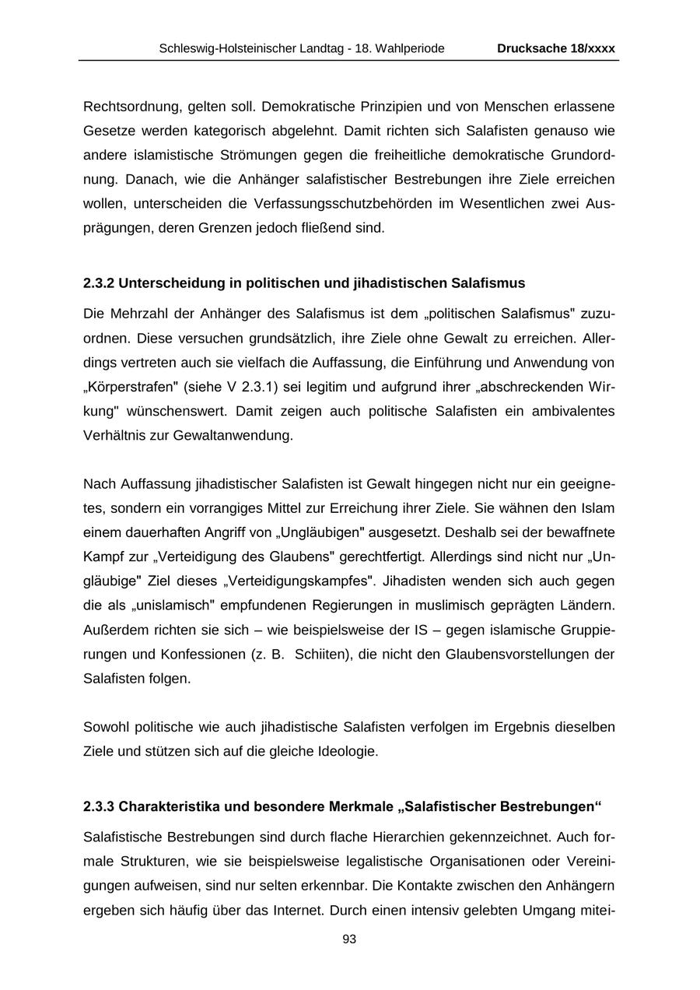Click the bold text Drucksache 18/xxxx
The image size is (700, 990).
pos(556,48)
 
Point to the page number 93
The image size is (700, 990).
pos(349,939)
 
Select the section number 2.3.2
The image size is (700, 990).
pos(99,283)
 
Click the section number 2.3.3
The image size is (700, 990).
pos(99,807)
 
